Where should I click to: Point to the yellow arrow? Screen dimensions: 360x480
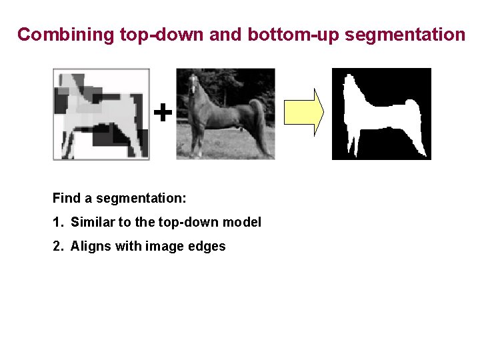[303, 112]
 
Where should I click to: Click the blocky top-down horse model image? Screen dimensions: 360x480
[101, 114]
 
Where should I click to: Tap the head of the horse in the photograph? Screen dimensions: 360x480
[193, 83]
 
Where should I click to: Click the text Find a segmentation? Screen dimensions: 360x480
[119, 198]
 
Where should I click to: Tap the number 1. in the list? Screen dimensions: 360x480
[57, 222]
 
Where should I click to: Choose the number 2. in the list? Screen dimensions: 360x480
[57, 246]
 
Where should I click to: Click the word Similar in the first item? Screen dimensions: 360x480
[93, 222]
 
